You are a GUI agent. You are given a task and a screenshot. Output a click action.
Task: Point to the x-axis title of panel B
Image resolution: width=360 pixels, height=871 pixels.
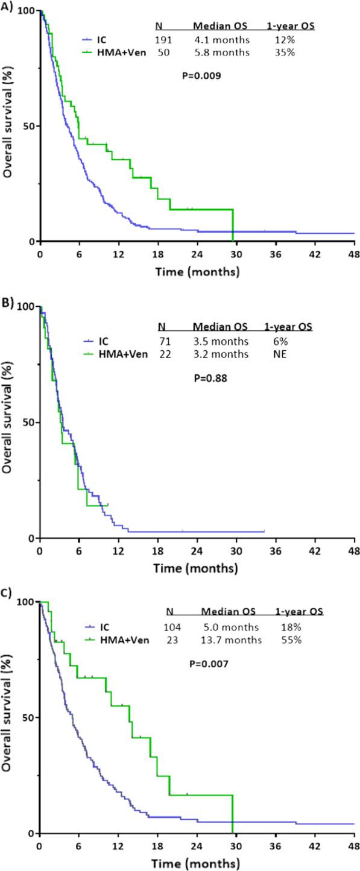tap(195, 568)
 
